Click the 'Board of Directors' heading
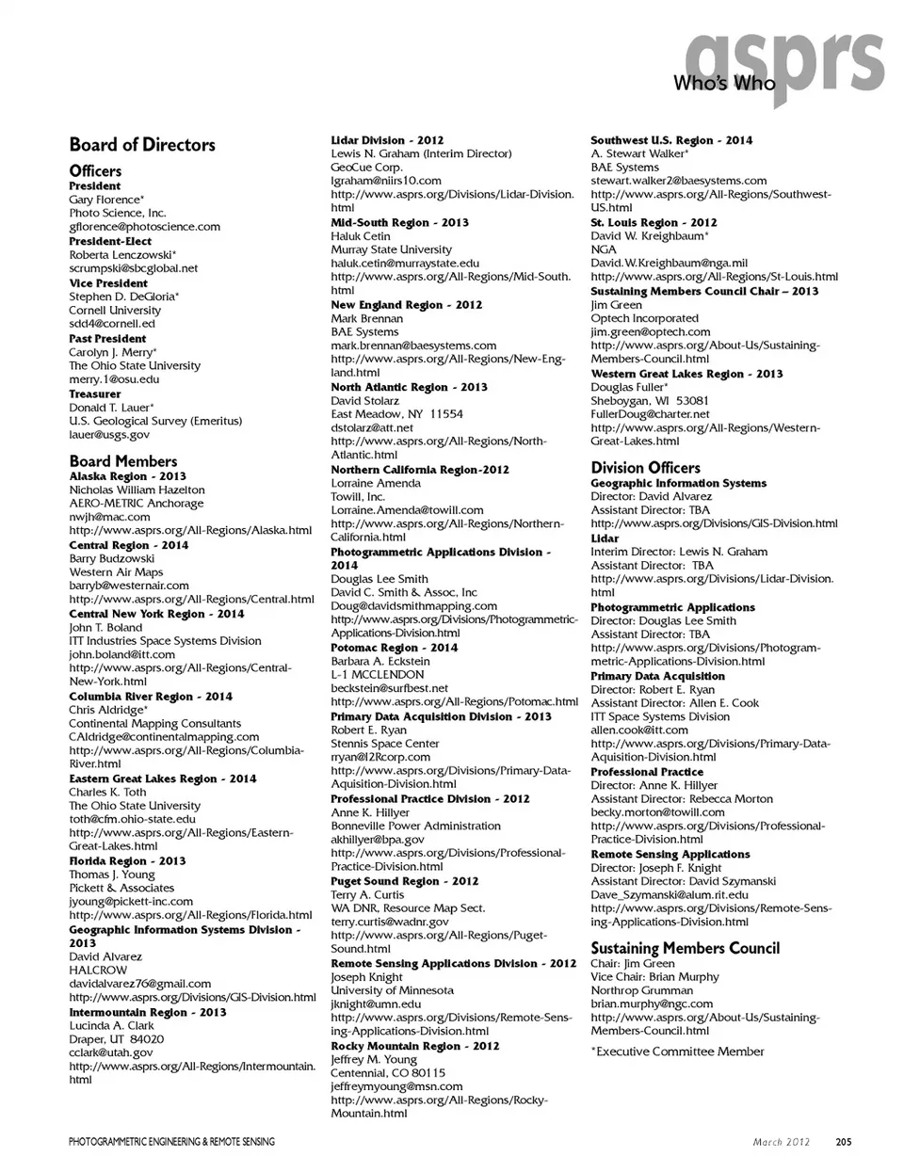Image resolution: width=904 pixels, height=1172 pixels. click(142, 145)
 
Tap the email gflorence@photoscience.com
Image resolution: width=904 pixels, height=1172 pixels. click(144, 227)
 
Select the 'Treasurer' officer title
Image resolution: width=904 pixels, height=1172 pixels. click(95, 394)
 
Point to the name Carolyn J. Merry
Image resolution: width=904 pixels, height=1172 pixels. click(112, 352)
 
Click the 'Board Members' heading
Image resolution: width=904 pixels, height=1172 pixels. click(123, 461)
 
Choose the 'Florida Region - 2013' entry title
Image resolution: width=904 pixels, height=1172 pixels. click(127, 861)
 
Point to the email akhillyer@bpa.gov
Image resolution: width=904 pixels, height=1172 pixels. click(377, 840)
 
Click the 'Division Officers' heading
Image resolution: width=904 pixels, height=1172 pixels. click(645, 468)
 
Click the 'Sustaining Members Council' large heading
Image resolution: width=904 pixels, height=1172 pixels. click(685, 948)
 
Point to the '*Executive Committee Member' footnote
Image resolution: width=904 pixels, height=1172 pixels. click(677, 1052)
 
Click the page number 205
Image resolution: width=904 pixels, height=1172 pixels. click(843, 1143)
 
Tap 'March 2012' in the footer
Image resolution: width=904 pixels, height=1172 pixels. click(781, 1143)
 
